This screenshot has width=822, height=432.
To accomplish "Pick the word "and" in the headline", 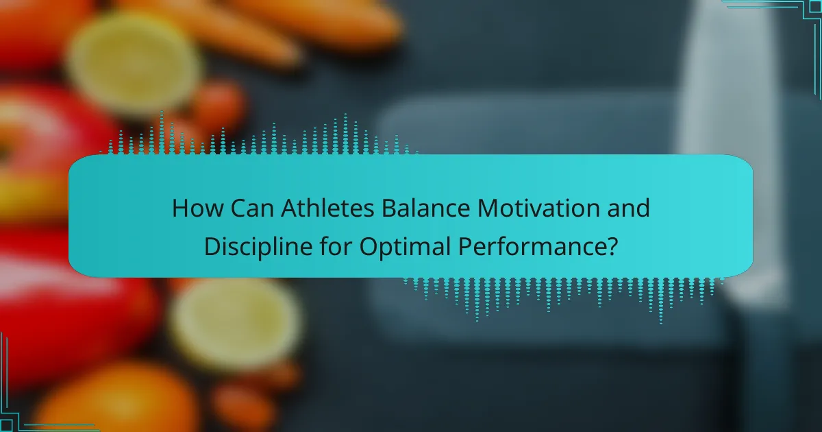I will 630,208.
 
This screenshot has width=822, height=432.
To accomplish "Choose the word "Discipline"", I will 258,245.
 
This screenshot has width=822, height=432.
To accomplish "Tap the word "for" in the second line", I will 334,245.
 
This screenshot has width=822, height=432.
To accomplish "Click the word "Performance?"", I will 530,245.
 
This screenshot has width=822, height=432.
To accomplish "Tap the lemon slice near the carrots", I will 134,65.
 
